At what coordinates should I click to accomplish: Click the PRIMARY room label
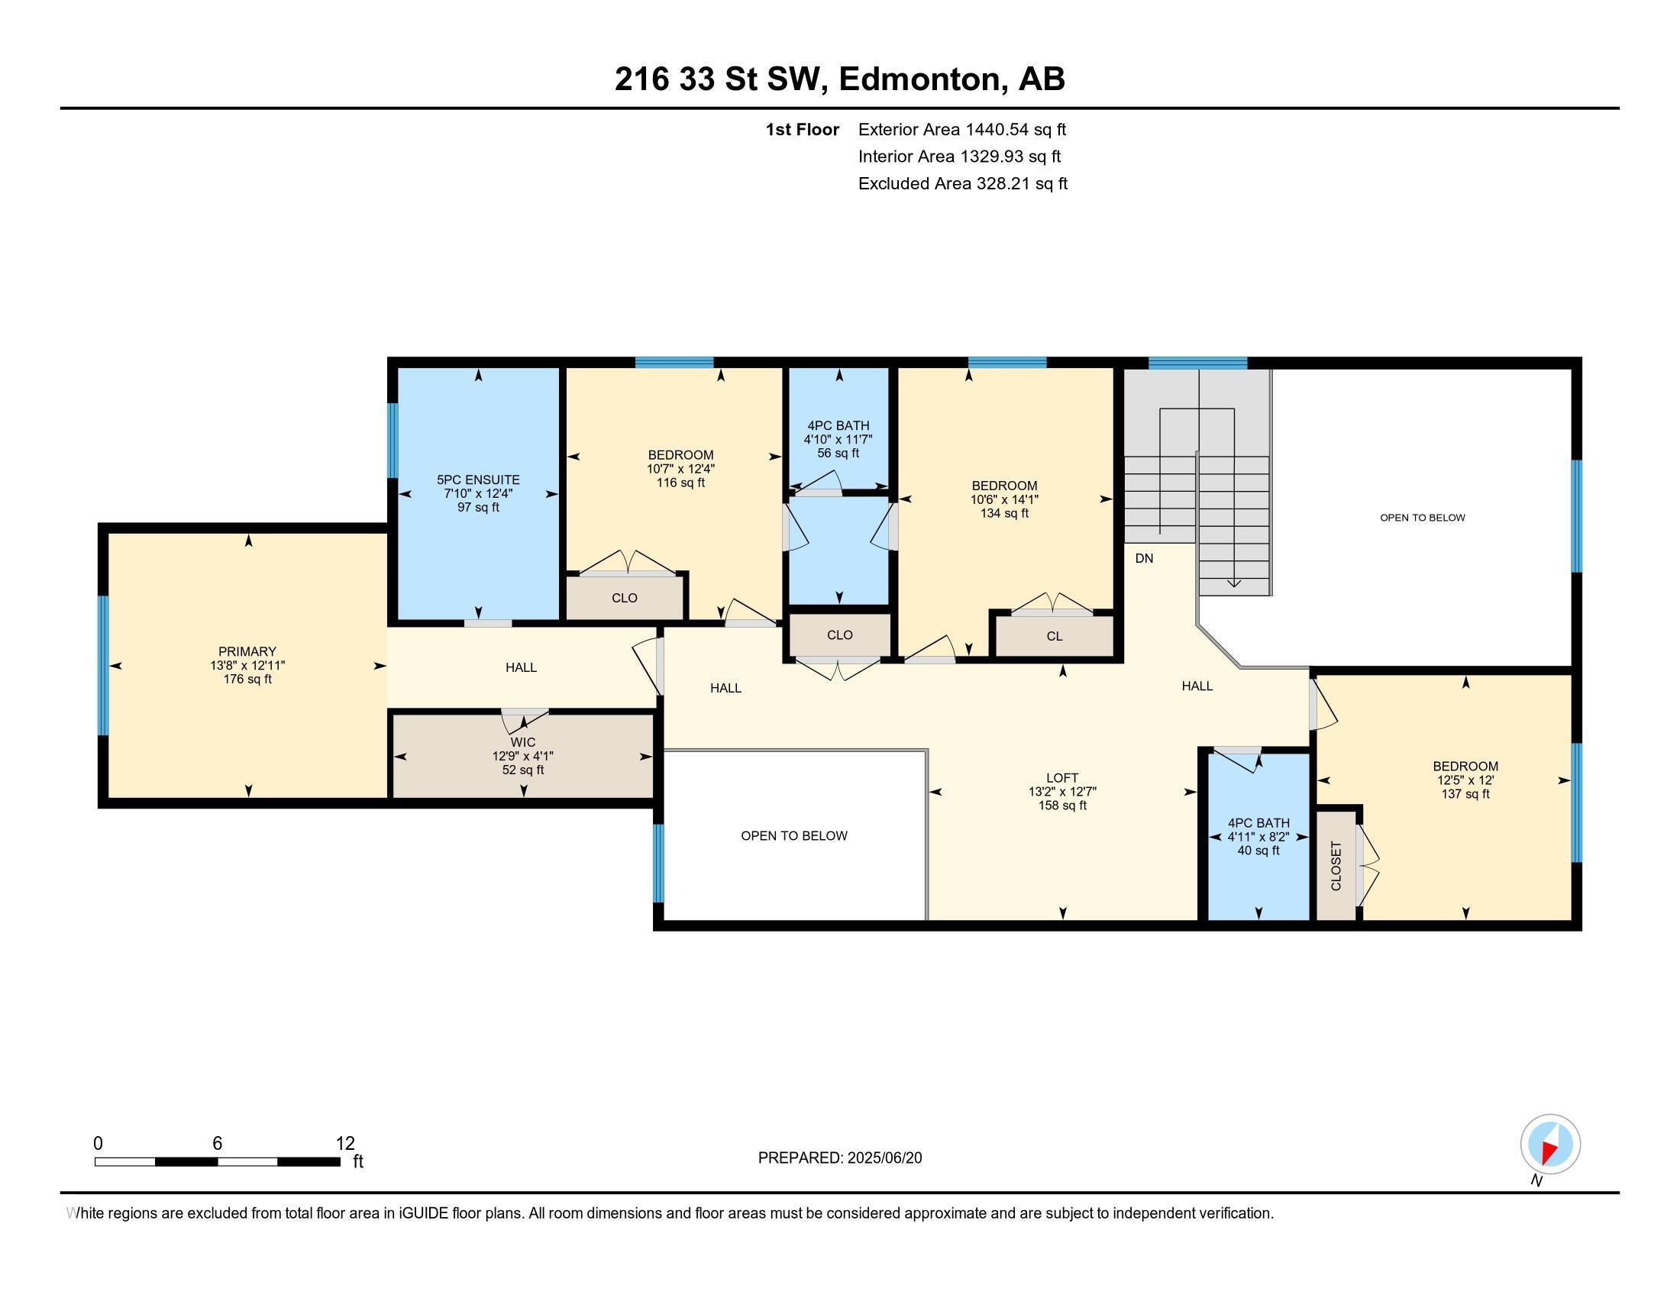click(246, 651)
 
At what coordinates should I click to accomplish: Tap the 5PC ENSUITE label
click(478, 479)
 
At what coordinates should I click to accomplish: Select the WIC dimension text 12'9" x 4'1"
click(522, 756)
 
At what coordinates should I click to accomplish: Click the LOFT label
click(1061, 777)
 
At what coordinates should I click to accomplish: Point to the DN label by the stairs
click(1144, 558)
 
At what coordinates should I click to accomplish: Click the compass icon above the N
click(1549, 1144)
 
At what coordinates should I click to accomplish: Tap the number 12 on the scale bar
click(345, 1143)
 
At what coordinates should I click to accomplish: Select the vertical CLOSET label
click(1336, 866)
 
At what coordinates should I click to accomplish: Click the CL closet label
click(1054, 636)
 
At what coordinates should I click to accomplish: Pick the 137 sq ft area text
click(1465, 793)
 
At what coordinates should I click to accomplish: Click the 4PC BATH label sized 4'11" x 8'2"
click(1258, 823)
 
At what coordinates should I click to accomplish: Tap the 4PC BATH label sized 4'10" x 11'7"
click(838, 425)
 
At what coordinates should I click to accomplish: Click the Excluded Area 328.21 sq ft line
click(962, 184)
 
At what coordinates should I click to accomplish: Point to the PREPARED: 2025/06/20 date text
click(839, 1158)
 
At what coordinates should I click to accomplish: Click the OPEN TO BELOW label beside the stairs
click(1422, 518)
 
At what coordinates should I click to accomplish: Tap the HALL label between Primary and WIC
click(521, 667)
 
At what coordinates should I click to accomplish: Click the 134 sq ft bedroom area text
click(1004, 513)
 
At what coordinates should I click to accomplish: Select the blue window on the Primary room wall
click(102, 665)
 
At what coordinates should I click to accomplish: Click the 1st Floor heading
click(802, 130)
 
